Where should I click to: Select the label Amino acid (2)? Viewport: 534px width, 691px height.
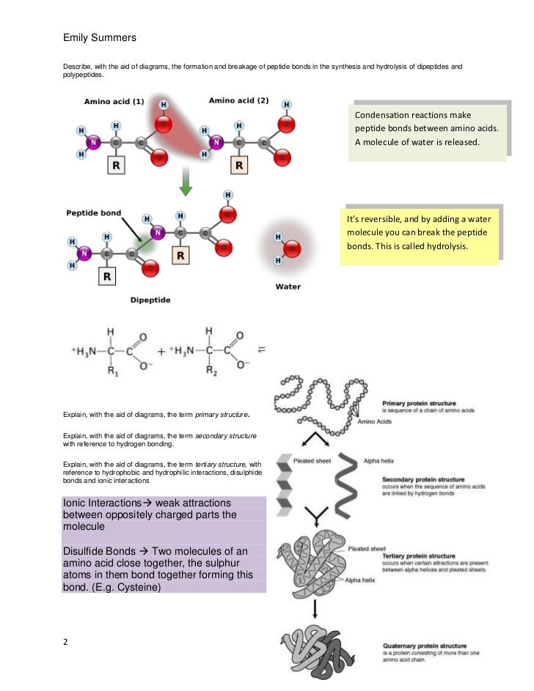[238, 100]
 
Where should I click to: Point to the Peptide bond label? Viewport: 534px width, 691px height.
[94, 213]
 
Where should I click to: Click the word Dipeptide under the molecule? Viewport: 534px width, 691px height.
[151, 300]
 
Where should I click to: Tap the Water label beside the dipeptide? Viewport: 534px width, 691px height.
[288, 287]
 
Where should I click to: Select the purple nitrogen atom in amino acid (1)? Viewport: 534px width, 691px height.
[94, 141]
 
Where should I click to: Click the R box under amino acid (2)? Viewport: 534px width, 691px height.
[240, 166]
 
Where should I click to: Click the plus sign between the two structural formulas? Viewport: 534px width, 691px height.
[161, 352]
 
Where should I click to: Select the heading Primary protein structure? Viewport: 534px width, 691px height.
[419, 403]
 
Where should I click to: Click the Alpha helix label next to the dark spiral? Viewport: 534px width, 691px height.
[378, 462]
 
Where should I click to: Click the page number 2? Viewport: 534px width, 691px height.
[66, 643]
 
